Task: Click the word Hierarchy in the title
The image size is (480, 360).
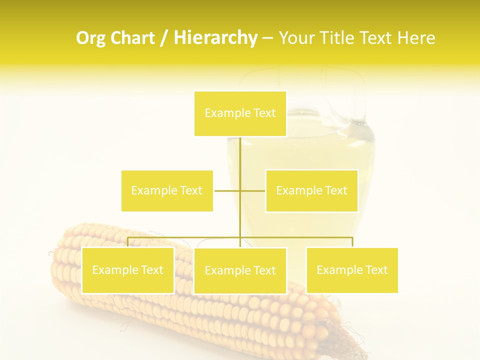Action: tap(215, 38)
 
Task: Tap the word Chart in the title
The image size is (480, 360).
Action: tap(133, 38)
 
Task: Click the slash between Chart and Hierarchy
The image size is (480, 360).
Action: tap(164, 38)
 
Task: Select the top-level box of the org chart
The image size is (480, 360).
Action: tap(240, 113)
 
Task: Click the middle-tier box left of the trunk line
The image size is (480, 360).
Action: tap(167, 190)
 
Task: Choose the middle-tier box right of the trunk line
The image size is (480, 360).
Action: tap(311, 190)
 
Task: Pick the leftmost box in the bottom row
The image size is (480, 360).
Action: tap(128, 270)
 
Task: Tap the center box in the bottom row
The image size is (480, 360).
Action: tap(240, 270)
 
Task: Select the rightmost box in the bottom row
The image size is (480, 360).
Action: tap(352, 270)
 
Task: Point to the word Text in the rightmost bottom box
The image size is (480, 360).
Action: tap(375, 270)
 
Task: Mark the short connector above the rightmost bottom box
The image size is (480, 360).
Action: tap(352, 242)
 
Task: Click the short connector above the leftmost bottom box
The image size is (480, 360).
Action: tap(128, 242)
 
